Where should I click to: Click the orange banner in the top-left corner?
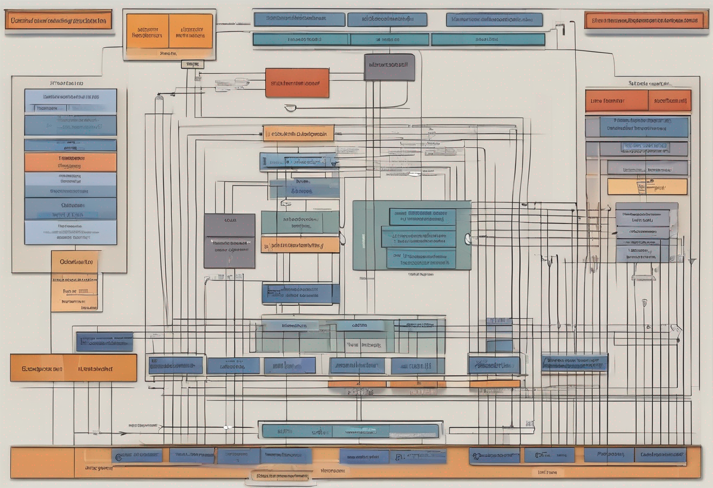(59, 19)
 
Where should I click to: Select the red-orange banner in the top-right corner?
(646, 20)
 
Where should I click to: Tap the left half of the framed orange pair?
(147, 31)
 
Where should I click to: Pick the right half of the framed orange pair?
(191, 31)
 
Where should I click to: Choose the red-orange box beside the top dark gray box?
(297, 83)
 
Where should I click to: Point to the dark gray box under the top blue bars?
(389, 67)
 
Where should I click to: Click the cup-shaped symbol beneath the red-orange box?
(290, 107)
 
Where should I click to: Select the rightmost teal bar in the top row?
(488, 39)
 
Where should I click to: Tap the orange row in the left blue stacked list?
(70, 162)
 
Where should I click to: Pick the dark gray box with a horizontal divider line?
(229, 241)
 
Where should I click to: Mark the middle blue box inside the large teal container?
(418, 237)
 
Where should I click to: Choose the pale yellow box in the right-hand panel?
(647, 187)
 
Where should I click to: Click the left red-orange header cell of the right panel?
(616, 100)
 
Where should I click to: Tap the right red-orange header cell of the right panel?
(669, 100)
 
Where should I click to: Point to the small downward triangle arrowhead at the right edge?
(692, 261)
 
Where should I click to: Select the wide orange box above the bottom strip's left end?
(73, 368)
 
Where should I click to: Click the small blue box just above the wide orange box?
(104, 341)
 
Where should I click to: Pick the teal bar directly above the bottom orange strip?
(350, 431)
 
